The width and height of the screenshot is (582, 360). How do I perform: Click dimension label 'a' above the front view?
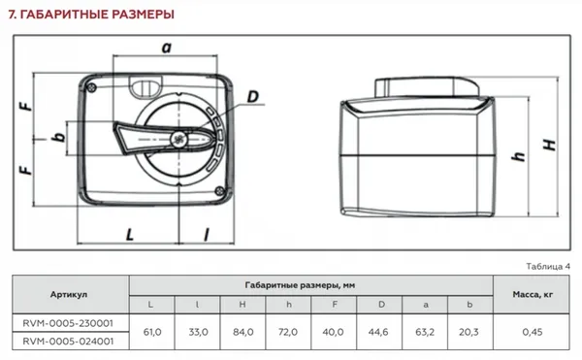(x=166, y=47)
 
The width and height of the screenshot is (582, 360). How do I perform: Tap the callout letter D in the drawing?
(x=252, y=96)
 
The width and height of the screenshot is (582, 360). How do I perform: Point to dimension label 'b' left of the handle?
(x=60, y=138)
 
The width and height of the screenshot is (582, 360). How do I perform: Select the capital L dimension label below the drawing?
(x=128, y=234)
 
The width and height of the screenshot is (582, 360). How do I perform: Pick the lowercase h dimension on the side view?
(x=519, y=156)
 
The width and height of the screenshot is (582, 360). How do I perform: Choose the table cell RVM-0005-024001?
(x=69, y=342)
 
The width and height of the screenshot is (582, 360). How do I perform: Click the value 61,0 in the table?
(x=151, y=332)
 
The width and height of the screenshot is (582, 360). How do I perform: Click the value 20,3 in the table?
(x=471, y=332)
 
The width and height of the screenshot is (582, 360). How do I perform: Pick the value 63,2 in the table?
(x=426, y=332)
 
